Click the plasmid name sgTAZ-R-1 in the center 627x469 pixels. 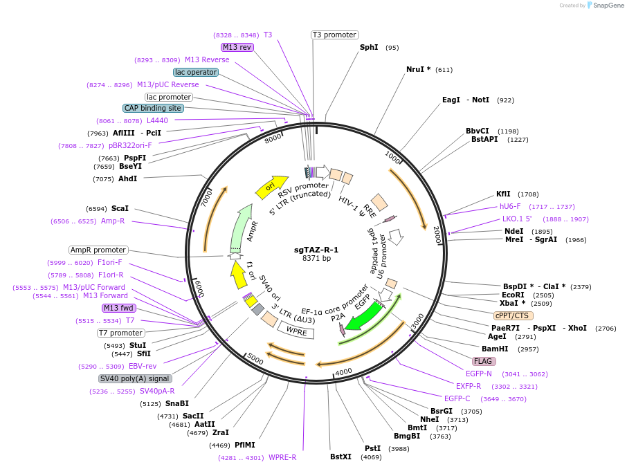click(316, 249)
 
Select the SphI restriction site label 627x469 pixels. click(369, 47)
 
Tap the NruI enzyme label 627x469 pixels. click(418, 69)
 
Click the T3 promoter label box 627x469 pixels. click(335, 35)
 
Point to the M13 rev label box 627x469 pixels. click(237, 47)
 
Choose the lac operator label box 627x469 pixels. click(196, 72)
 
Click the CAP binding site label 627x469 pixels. click(153, 108)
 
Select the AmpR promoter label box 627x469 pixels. click(98, 250)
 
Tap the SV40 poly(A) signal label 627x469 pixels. click(135, 378)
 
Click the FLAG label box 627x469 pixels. click(484, 361)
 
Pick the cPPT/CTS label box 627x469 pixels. click(514, 315)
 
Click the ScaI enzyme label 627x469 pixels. click(120, 208)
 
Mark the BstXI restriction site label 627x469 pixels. click(340, 457)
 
